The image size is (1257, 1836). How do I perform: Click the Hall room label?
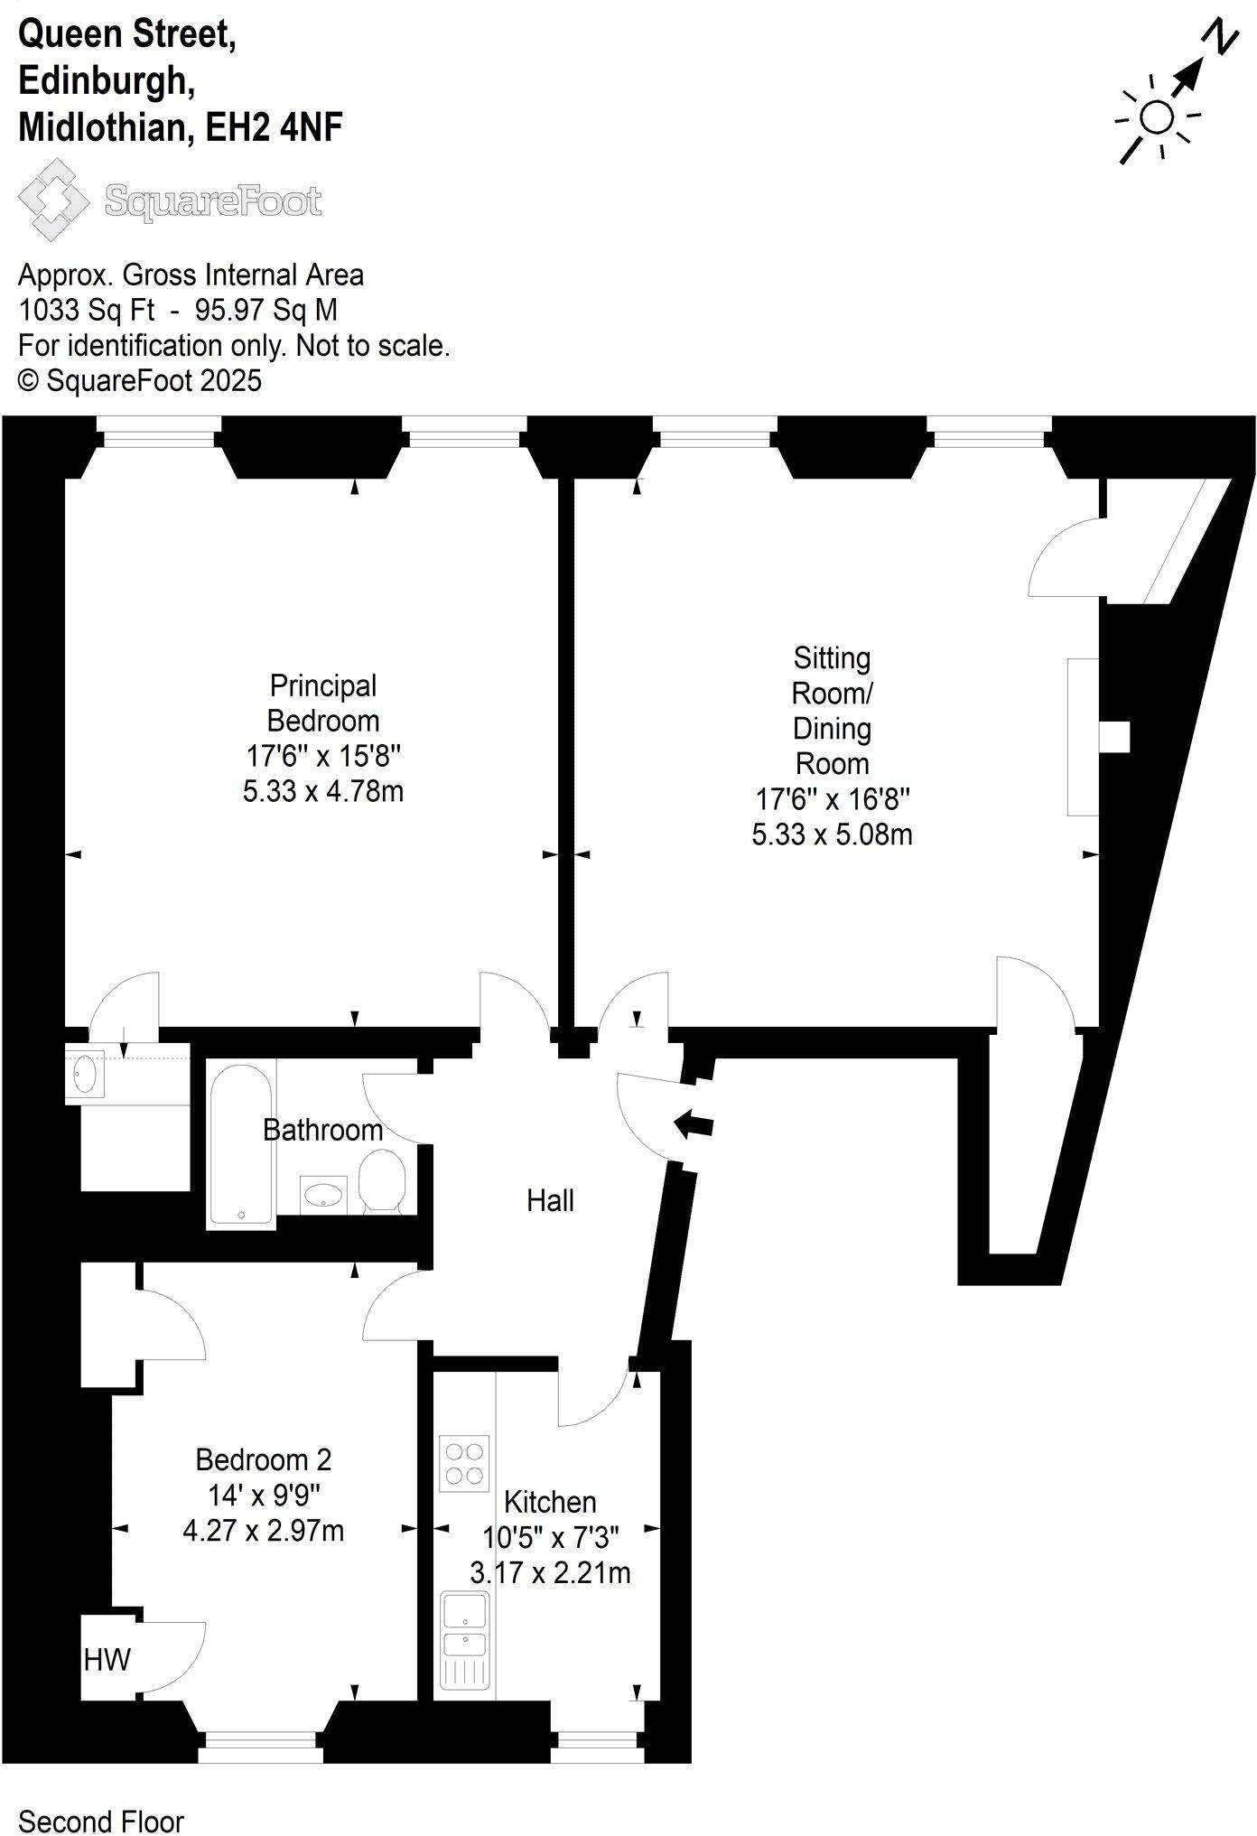pyautogui.click(x=550, y=1200)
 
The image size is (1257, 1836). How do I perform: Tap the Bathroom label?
pyautogui.click(x=322, y=1130)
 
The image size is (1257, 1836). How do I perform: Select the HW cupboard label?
pyautogui.click(x=107, y=1659)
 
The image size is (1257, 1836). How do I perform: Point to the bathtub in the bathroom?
pyautogui.click(x=241, y=1143)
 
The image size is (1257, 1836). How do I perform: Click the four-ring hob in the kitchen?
pyautogui.click(x=464, y=1463)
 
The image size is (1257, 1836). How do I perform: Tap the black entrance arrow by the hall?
pyautogui.click(x=694, y=1124)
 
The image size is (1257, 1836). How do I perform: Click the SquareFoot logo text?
pyautogui.click(x=213, y=200)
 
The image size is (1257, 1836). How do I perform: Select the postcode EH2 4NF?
pyautogui.click(x=275, y=127)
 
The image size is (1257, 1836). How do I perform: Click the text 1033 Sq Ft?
pyautogui.click(x=86, y=310)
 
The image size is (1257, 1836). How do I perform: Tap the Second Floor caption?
pyautogui.click(x=101, y=1822)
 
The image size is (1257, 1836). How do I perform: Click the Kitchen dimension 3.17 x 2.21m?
pyautogui.click(x=550, y=1572)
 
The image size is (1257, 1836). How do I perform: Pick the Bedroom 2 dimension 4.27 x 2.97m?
pyautogui.click(x=263, y=1531)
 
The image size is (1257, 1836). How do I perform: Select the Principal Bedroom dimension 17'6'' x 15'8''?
pyautogui.click(x=323, y=755)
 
